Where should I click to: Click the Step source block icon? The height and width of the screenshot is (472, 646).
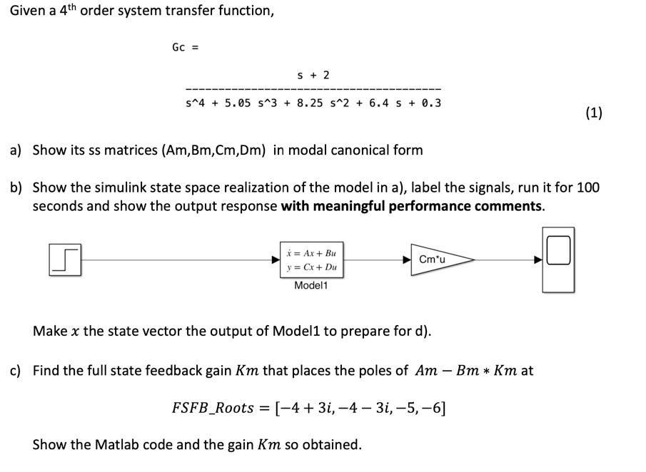tap(64, 259)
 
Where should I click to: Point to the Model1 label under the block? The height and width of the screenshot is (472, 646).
tap(311, 285)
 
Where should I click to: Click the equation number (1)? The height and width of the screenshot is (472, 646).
tap(593, 113)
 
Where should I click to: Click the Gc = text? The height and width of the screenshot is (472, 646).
tap(185, 47)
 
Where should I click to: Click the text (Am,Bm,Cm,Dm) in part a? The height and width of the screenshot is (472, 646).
tap(213, 150)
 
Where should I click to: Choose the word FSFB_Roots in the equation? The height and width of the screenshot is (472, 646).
tap(213, 408)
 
